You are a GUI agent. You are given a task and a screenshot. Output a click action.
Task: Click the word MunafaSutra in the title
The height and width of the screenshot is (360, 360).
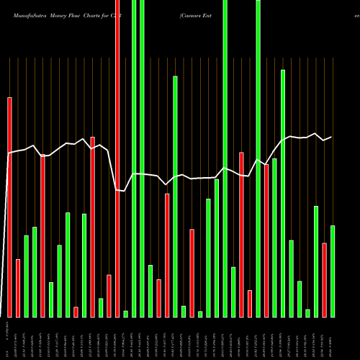pyautogui.click(x=27, y=14)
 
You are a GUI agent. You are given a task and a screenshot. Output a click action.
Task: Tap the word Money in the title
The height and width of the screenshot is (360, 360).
pyautogui.click(x=63, y=14)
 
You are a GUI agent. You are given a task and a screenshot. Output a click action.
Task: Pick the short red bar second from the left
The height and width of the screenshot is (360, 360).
pyautogui.click(x=18, y=288)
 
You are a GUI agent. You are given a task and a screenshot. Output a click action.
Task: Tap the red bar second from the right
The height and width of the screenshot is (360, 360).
pyautogui.click(x=324, y=280)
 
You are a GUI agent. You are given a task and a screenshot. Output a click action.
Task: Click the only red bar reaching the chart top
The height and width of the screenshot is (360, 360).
pyautogui.click(x=117, y=158)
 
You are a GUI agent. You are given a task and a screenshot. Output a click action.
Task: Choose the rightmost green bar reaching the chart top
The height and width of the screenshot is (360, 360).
pyautogui.click(x=258, y=158)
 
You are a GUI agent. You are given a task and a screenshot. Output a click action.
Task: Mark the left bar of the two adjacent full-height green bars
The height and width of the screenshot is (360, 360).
pyautogui.click(x=134, y=158)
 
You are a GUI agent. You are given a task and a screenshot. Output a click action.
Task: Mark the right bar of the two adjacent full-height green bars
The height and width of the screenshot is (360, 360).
pyautogui.click(x=142, y=158)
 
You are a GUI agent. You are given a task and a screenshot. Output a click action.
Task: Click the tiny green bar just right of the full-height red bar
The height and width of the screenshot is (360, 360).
pyautogui.click(x=125, y=314)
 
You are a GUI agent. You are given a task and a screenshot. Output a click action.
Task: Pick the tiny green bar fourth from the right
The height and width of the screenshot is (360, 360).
pyautogui.click(x=307, y=313)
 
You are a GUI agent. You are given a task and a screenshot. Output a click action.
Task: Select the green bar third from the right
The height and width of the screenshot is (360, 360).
pyautogui.click(x=316, y=261)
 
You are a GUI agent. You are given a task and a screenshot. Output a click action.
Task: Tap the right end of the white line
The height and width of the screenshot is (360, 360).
pyautogui.click(x=332, y=137)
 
